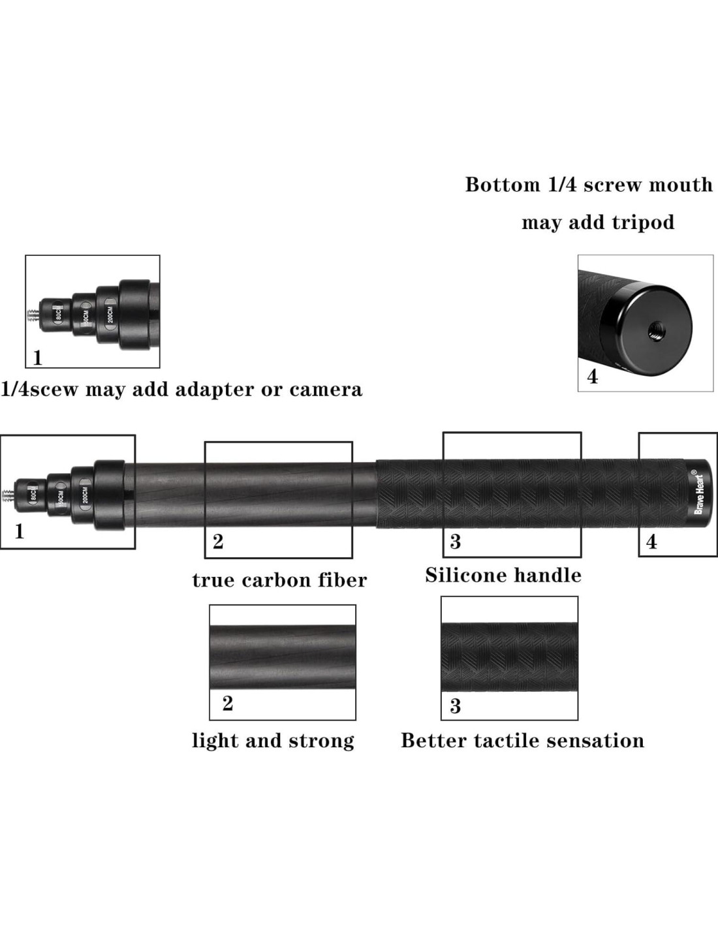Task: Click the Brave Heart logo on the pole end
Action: pos(698,489)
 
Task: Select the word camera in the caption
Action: pos(325,390)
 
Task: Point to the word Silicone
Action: pos(465,575)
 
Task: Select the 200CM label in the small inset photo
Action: pos(111,312)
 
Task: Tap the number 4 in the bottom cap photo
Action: pos(593,377)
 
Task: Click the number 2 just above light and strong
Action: pos(227,704)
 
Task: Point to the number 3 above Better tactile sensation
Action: pos(455,705)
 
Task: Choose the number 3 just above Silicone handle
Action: pos(455,541)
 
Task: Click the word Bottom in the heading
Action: pos(499,185)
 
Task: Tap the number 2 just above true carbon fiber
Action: pos(218,542)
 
